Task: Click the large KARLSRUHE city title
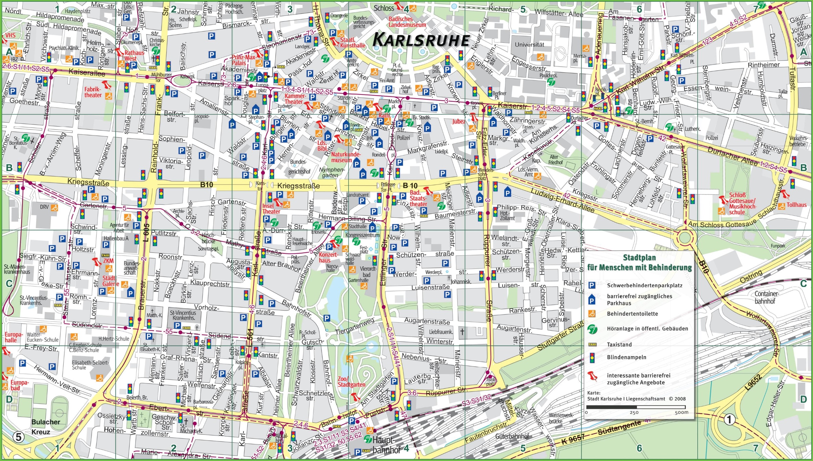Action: [x=421, y=40]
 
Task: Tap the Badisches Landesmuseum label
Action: [x=407, y=22]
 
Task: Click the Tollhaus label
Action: [x=796, y=205]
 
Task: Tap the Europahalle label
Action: [x=13, y=337]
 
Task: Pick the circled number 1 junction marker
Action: [x=729, y=420]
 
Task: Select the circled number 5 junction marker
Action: [x=18, y=438]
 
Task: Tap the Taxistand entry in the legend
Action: [x=619, y=344]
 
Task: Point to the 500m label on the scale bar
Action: [x=681, y=412]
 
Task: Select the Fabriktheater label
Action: [x=93, y=92]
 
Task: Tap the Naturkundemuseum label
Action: [x=346, y=157]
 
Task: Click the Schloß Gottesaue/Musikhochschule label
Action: [x=742, y=203]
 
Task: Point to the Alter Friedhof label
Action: [x=555, y=160]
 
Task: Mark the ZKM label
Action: [x=108, y=261]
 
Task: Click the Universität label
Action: [x=529, y=44]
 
